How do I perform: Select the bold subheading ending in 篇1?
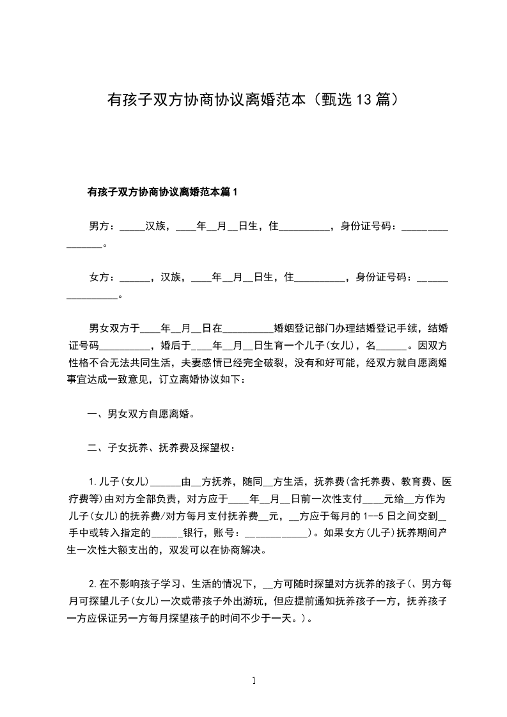(x=162, y=191)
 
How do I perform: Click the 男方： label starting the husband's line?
(x=101, y=226)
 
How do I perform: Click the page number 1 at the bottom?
(x=254, y=681)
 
